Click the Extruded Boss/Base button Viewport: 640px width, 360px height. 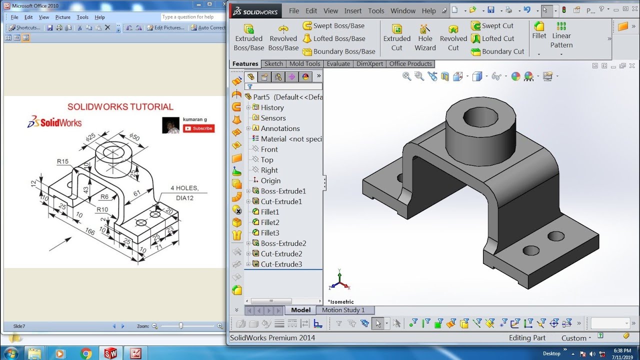(248, 38)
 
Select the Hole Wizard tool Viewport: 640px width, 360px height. (425, 38)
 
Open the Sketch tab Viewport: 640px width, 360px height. (273, 64)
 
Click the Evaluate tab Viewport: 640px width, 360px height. (338, 64)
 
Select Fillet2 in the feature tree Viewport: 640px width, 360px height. (270, 222)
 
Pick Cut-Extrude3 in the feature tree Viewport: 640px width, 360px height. (281, 264)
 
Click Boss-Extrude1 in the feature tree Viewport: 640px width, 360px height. (283, 191)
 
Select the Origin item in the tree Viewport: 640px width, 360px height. (270, 180)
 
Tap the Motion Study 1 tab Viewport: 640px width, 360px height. (343, 310)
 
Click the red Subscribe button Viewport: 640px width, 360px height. (198, 128)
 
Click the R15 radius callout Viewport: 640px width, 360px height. (62, 161)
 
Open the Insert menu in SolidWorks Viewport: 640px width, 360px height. (352, 10)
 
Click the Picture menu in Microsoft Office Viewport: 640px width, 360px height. (63, 17)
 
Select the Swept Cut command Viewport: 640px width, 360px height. (497, 25)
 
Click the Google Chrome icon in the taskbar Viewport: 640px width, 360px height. (86, 353)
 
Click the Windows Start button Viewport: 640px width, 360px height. (10, 353)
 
